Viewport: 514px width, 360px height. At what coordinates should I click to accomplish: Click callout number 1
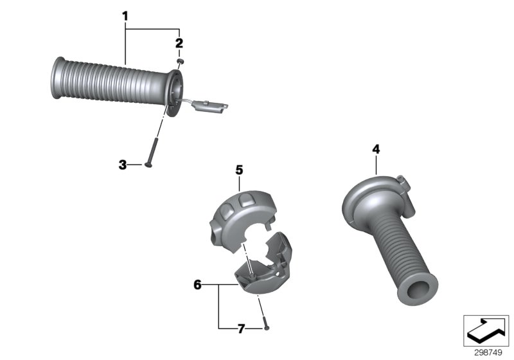click(126, 14)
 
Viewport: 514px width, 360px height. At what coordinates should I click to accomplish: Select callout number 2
click(179, 44)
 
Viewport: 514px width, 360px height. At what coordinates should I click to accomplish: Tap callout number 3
click(122, 165)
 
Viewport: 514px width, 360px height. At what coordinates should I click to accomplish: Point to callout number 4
click(376, 149)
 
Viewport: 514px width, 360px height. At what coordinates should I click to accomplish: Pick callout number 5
click(239, 170)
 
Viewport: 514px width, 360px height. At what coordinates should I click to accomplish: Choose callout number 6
click(197, 283)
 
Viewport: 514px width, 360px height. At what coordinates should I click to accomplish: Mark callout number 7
click(241, 328)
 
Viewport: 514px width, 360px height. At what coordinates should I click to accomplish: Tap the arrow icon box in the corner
click(486, 330)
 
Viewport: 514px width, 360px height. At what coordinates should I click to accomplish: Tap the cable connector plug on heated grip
click(212, 106)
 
